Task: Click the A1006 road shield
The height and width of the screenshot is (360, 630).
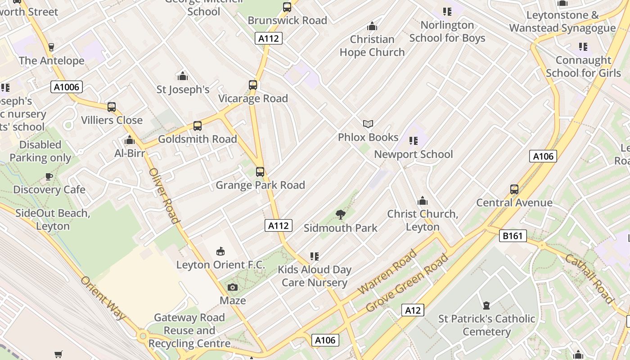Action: pos(67,87)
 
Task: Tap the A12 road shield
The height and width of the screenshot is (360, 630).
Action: pos(413,310)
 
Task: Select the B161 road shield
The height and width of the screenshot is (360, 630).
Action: pos(513,235)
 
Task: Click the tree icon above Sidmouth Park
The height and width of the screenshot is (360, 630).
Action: pos(341,215)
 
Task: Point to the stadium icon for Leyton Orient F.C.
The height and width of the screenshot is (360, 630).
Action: pos(220,252)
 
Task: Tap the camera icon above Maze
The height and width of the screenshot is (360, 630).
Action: pos(233,288)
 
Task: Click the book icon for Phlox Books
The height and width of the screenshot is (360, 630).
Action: pos(368,124)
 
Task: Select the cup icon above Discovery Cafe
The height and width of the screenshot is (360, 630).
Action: pos(49,176)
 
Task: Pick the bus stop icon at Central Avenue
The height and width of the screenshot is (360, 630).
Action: pos(514,189)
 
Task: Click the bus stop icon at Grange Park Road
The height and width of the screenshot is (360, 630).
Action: pos(260,172)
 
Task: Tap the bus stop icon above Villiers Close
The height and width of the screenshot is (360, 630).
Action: pos(112,107)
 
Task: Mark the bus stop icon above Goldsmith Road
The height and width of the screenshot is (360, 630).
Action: pos(198,126)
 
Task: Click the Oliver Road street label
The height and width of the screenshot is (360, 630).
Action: pos(164,196)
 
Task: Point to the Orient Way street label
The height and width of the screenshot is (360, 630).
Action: pos(103,298)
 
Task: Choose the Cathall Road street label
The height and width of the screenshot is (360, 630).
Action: pos(589,279)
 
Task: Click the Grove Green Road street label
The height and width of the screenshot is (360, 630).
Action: pos(407,283)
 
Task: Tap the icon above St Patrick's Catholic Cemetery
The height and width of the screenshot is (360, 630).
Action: pos(486,306)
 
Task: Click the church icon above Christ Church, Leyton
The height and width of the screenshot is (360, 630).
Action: pos(423,201)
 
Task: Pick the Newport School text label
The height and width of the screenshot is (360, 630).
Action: pos(414,154)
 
